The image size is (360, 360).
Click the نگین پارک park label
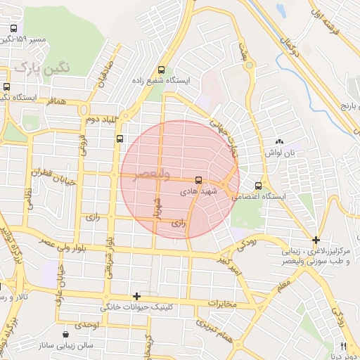(43, 67)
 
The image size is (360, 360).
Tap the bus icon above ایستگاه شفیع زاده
(162, 70)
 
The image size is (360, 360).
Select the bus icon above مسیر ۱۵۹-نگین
(13, 29)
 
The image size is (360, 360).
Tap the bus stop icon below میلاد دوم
(120, 138)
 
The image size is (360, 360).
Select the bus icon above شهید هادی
(199, 180)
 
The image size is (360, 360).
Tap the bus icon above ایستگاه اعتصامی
(259, 186)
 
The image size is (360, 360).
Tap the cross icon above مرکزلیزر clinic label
(316, 240)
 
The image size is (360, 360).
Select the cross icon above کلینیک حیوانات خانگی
(137, 297)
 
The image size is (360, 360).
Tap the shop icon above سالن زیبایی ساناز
(66, 334)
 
